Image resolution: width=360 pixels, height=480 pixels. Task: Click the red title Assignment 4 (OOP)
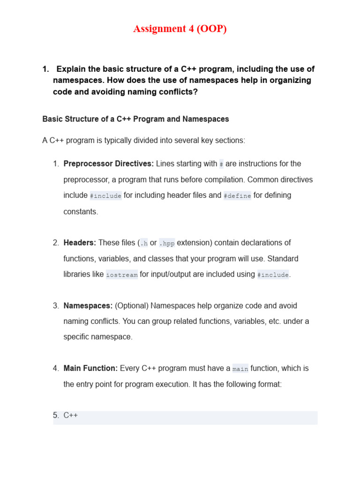(x=180, y=29)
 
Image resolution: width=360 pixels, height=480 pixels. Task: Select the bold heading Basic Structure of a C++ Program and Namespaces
(x=135, y=119)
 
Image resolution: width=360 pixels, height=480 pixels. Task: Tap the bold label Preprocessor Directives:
(x=108, y=164)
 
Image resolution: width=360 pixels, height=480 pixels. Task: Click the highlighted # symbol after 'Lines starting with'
(x=221, y=164)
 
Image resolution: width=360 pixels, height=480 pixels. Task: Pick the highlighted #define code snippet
(x=237, y=195)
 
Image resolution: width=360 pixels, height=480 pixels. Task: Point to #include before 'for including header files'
(x=105, y=195)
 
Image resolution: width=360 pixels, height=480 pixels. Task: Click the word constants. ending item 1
(x=81, y=211)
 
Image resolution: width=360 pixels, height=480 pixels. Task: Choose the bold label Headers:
(x=80, y=243)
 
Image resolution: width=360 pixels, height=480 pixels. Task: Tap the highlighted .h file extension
(x=144, y=243)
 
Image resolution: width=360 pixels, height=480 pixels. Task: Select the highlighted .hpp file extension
(x=166, y=243)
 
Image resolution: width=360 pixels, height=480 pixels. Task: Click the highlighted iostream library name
(x=122, y=275)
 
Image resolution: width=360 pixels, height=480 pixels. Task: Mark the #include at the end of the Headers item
(x=273, y=275)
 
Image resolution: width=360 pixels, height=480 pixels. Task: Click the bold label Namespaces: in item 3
(x=88, y=306)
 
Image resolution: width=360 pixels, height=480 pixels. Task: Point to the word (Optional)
(x=132, y=306)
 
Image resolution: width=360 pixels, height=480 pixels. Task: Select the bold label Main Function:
(x=90, y=368)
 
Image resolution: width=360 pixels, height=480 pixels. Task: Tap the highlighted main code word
(x=240, y=369)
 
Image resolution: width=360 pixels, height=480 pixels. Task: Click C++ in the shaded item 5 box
(x=71, y=415)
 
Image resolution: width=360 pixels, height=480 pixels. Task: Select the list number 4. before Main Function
(x=56, y=368)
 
